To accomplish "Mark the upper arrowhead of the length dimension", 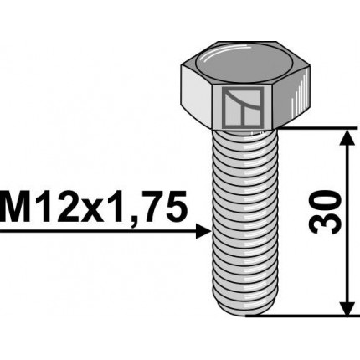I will point(344,136).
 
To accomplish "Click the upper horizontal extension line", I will point(310,128).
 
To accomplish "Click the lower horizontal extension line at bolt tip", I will point(301,316).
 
